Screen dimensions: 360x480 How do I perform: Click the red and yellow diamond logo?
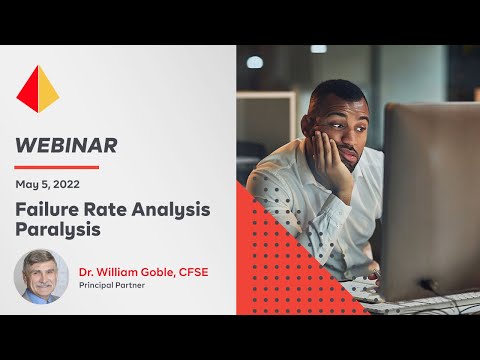pos(38,89)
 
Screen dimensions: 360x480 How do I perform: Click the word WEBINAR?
pos(66,145)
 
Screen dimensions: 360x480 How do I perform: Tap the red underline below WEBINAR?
pos(57,167)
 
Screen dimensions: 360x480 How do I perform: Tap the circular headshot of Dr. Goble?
pos(41,276)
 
